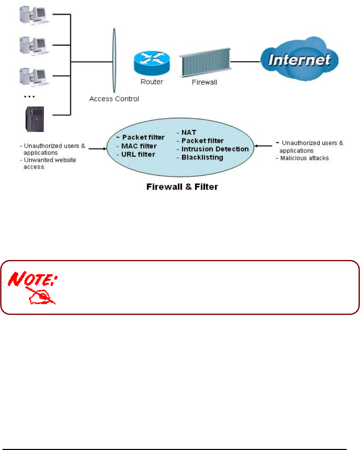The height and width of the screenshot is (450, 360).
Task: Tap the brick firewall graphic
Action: (205, 62)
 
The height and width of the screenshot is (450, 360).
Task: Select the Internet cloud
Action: (300, 60)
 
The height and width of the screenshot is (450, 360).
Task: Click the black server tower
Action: (35, 119)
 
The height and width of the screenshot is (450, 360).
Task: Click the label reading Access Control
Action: (114, 99)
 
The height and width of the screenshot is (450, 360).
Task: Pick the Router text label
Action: (152, 82)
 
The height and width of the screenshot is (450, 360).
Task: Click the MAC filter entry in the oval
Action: (139, 146)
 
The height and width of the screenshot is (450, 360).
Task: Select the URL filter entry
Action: (138, 154)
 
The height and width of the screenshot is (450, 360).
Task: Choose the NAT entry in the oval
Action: (189, 132)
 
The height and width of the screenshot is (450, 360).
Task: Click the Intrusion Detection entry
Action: (215, 149)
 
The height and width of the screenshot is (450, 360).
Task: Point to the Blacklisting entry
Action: (202, 158)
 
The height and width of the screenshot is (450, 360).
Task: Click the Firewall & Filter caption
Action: (182, 187)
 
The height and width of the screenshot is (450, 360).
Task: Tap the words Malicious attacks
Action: (304, 158)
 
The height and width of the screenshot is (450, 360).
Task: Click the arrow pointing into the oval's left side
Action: (98, 149)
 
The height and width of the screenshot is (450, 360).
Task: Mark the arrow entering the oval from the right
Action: (263, 146)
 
